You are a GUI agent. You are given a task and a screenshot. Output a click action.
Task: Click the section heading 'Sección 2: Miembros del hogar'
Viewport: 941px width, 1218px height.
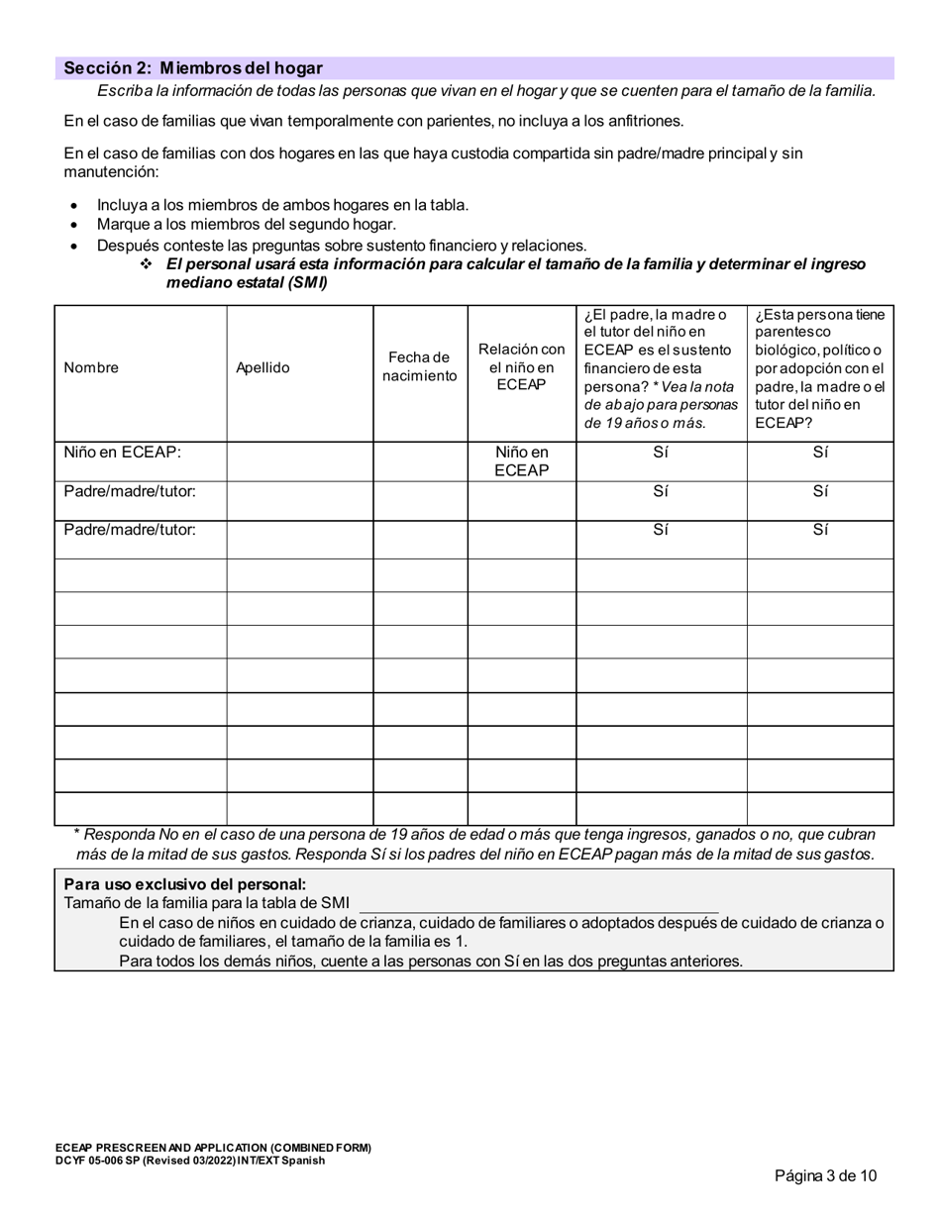[x=193, y=68]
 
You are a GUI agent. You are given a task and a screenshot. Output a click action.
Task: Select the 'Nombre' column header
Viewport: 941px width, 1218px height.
[x=91, y=367]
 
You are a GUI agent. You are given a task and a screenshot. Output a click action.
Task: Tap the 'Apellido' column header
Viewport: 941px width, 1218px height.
[x=262, y=367]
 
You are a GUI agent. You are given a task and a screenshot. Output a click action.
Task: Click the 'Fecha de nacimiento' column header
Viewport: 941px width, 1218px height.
[x=420, y=366]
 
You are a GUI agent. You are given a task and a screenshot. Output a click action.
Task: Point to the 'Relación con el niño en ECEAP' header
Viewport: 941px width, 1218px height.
[x=521, y=366]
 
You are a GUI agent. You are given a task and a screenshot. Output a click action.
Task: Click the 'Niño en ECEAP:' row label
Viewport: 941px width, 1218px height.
[x=123, y=453]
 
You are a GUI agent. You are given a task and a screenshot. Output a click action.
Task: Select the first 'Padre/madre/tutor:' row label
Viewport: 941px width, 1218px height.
[x=130, y=491]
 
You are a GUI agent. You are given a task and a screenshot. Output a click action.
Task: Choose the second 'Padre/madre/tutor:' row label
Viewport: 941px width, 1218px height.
[x=130, y=529]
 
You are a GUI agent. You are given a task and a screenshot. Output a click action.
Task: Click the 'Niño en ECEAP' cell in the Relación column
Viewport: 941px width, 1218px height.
[x=521, y=460]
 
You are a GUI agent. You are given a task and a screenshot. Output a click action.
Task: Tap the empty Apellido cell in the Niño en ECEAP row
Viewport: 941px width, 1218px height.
[x=299, y=461]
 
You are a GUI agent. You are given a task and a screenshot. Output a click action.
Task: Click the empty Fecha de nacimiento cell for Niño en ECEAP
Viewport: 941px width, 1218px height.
[x=420, y=461]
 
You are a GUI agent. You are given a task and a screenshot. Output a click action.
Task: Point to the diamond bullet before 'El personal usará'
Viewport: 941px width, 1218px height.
[x=146, y=264]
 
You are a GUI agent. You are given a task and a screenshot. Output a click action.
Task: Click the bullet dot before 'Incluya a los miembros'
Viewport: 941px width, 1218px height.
[x=74, y=206]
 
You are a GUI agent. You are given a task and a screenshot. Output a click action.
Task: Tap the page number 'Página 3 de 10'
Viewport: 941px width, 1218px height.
[x=825, y=1176]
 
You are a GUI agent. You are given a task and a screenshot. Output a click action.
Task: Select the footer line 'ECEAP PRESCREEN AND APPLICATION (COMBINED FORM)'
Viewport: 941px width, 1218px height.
[x=213, y=1149]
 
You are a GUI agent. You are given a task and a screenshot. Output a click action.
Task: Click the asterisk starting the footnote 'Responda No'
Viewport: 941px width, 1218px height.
[x=78, y=835]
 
